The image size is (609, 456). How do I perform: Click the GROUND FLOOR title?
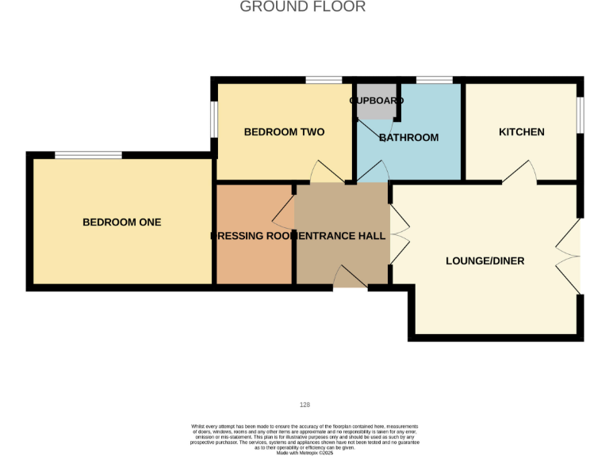[303, 7]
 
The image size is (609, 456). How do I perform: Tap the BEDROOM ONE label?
[121, 222]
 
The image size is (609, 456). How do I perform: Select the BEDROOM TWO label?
[284, 132]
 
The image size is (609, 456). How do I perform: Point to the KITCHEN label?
[521, 132]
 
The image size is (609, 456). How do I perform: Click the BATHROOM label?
[409, 138]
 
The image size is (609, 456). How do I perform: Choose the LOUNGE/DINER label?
[485, 260]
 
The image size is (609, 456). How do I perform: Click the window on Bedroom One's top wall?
[88, 155]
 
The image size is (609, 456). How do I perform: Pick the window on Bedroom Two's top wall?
[324, 80]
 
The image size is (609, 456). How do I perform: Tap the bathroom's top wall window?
[434, 80]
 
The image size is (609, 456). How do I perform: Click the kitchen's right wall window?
[580, 115]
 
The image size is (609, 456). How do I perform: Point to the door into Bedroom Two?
[326, 172]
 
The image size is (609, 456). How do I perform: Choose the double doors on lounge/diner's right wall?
[570, 255]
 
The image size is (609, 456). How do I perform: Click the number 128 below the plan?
[304, 405]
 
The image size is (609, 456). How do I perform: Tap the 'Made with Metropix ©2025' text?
[304, 452]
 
